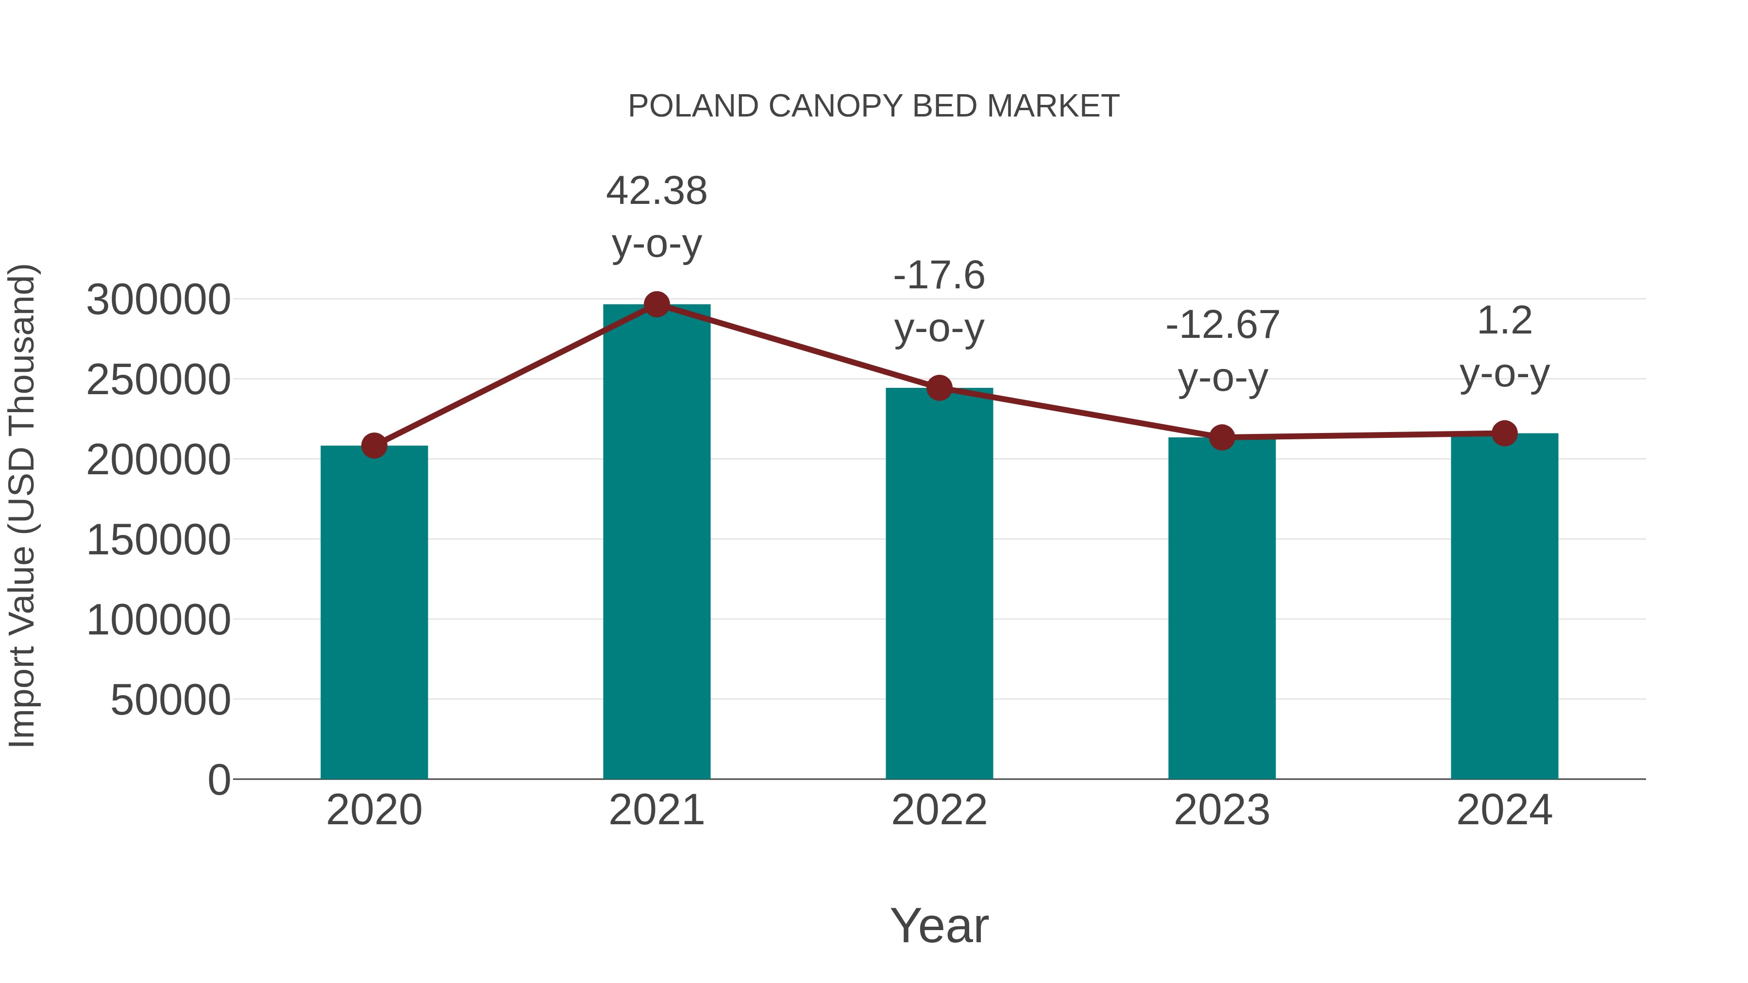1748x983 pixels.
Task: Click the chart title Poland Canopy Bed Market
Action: click(874, 106)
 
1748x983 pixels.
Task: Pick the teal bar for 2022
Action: click(939, 583)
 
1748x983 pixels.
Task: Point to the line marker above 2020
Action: click(374, 446)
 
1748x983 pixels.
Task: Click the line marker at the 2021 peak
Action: click(656, 304)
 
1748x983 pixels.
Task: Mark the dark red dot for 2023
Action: click(1222, 437)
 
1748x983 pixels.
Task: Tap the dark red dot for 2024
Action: click(1504, 433)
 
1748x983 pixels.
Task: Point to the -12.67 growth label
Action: click(1222, 351)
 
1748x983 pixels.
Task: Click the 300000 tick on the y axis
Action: click(158, 300)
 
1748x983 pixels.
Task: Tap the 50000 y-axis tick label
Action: click(170, 700)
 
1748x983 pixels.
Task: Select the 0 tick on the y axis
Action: click(218, 780)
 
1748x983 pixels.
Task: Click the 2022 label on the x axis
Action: click(939, 810)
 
